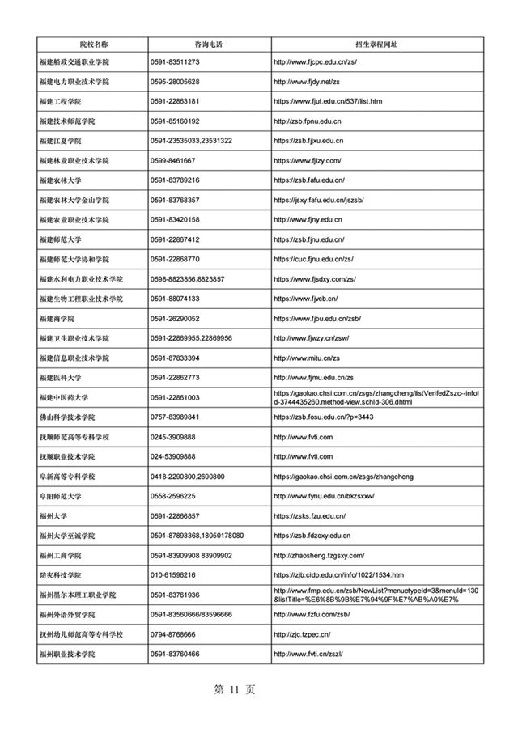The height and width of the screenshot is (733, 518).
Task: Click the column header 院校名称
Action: pyautogui.click(x=92, y=42)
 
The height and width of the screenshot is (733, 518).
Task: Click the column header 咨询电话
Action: pyautogui.click(x=209, y=42)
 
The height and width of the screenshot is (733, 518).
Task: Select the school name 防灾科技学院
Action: pyautogui.click(x=60, y=574)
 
